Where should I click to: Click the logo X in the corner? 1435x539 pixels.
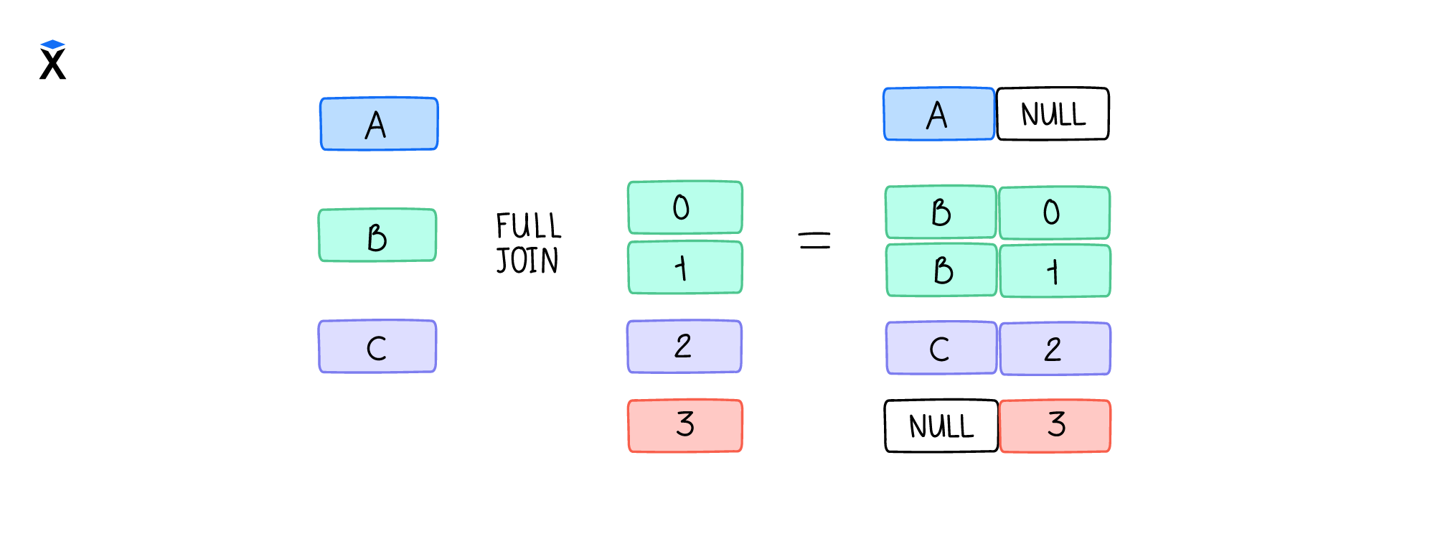[52, 60]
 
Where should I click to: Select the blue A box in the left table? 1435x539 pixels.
[379, 124]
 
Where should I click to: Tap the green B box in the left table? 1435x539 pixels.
[377, 235]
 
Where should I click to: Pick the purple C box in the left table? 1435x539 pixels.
[377, 347]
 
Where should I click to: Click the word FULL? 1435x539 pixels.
[529, 226]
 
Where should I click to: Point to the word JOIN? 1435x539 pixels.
[527, 261]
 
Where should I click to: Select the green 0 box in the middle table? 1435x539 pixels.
[685, 207]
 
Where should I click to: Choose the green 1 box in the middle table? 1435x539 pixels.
[685, 268]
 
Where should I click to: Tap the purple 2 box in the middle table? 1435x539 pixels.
[684, 347]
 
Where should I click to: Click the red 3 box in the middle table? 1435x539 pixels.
[685, 426]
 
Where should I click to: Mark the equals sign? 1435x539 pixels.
[814, 240]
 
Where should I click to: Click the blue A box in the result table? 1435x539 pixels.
[938, 114]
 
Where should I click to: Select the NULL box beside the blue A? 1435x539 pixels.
[1053, 114]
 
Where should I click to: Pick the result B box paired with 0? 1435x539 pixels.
[941, 212]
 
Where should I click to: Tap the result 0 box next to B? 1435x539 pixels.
[1054, 212]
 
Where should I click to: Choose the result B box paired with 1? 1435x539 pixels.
[941, 271]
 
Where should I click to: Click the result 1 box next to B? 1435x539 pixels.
[1055, 271]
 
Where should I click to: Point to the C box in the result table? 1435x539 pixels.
[941, 348]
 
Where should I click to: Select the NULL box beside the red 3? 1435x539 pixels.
[941, 426]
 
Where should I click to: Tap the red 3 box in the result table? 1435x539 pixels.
[1055, 426]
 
